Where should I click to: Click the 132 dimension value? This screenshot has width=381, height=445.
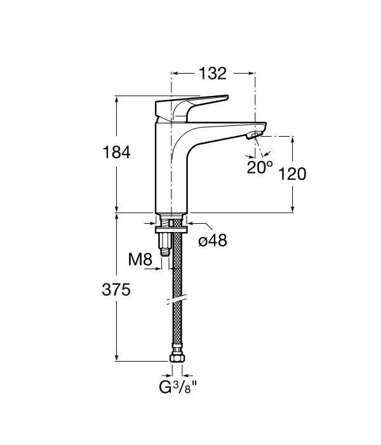pos(213,74)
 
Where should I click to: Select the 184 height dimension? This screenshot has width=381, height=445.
pos(117,153)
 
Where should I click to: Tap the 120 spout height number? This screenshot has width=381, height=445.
pos(293,174)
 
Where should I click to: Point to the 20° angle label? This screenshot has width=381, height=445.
pos(260,167)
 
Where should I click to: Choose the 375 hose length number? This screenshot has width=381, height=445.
pos(117,290)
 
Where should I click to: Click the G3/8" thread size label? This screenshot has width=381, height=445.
pos(178,386)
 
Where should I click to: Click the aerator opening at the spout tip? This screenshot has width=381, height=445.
pos(253,135)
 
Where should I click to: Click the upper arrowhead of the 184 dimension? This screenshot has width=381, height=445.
pos(116,99)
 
